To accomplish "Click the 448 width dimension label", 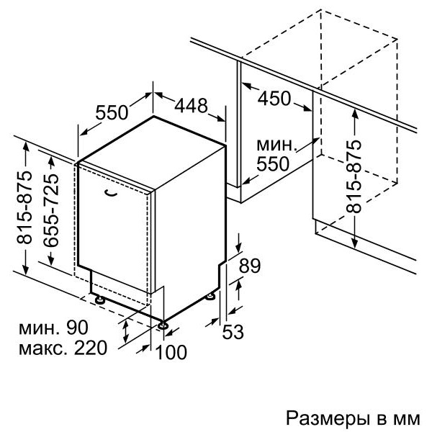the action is (191, 105).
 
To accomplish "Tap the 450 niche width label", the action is (274, 98).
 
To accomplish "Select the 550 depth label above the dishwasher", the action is (112, 112).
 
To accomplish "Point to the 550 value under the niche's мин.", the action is (273, 164).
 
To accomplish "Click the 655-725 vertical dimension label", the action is (51, 210).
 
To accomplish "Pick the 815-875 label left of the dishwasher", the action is (24, 207).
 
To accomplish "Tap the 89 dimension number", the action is (249, 266).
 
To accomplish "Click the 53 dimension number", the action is (233, 331).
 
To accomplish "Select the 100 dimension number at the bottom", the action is (171, 352).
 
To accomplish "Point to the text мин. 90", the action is (53, 327).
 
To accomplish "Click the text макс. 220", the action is (63, 348).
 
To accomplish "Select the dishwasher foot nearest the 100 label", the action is (163, 325).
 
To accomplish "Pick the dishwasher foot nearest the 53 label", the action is (211, 297).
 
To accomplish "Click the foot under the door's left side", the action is (100, 300).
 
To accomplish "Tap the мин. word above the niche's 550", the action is (276, 145).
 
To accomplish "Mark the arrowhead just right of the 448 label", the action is (221, 119).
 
